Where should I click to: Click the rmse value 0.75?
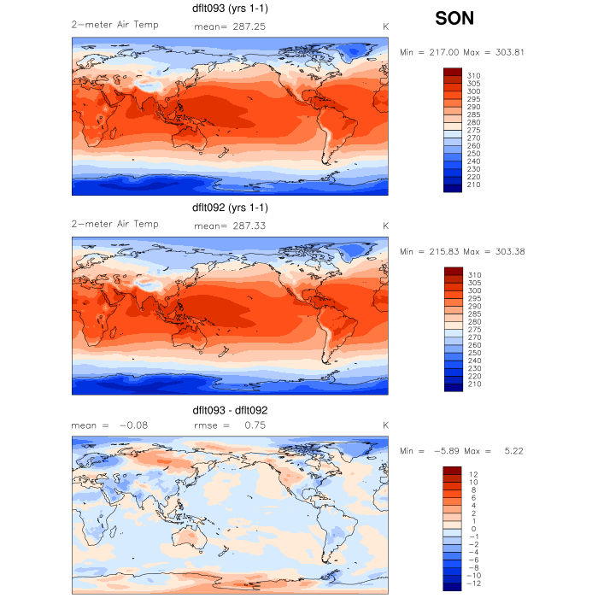click(x=245, y=425)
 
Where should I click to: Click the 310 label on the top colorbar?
click(x=474, y=76)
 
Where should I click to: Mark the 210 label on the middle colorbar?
click(x=474, y=384)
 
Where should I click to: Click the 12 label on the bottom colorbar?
click(x=472, y=474)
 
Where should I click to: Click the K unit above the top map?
click(x=385, y=26)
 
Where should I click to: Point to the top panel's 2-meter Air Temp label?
click(x=114, y=26)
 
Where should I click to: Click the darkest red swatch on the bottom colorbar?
click(x=453, y=470)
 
